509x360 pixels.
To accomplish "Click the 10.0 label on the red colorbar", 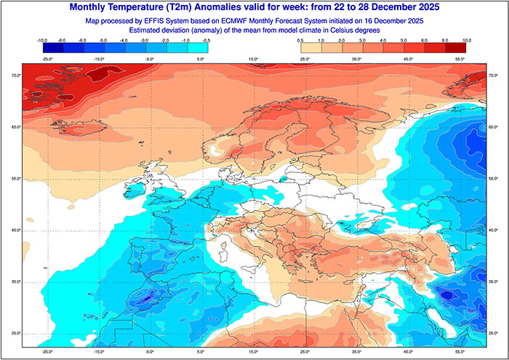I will coord(466,41).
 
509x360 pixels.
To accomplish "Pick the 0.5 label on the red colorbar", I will coord(300,41).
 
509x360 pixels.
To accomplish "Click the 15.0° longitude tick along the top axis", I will coord(254,58).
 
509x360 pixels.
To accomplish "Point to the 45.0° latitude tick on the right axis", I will coord(494,230).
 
